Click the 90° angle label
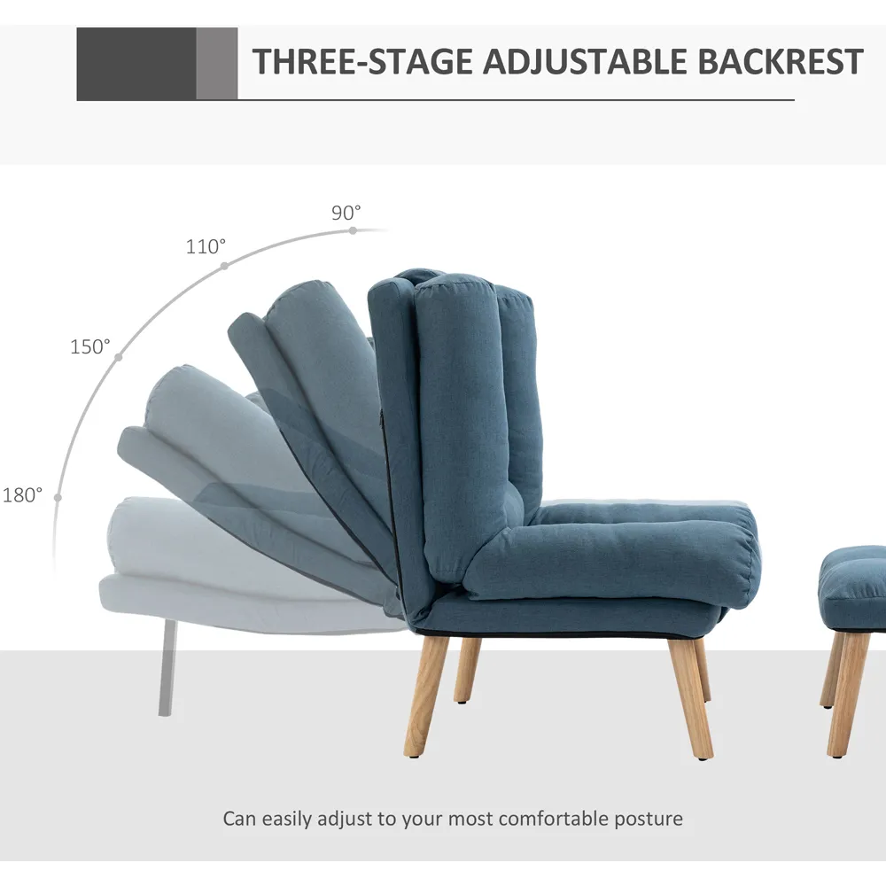click(346, 213)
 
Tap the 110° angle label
click(206, 246)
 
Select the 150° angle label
click(90, 346)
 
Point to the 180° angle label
click(22, 495)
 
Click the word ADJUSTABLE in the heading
click(583, 62)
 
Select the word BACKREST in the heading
click(781, 62)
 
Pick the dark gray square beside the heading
click(136, 64)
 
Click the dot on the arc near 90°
click(353, 230)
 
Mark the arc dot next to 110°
click(224, 265)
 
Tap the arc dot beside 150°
click(119, 357)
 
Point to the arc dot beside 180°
click(58, 497)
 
